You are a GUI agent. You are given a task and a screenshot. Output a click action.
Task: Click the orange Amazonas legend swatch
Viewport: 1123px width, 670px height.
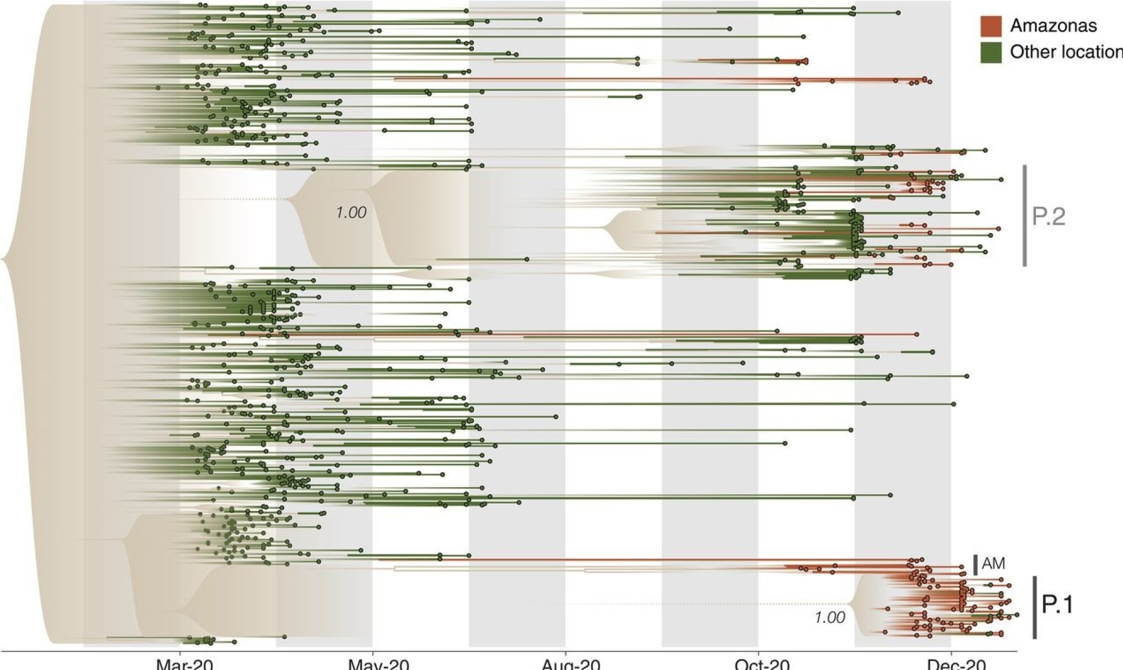click(x=991, y=26)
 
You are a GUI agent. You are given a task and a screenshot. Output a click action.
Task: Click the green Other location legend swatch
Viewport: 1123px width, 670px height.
click(x=991, y=52)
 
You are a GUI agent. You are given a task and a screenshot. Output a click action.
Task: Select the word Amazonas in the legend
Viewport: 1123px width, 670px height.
click(x=1053, y=26)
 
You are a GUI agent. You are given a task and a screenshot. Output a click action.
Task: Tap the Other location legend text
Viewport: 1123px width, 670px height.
click(x=1066, y=52)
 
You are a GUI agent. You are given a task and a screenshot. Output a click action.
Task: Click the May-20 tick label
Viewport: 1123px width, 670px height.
click(x=378, y=665)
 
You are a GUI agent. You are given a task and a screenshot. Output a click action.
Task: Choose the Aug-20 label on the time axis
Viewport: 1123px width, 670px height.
click(x=571, y=665)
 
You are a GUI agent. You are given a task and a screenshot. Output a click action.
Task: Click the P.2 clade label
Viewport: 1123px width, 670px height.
click(x=1049, y=217)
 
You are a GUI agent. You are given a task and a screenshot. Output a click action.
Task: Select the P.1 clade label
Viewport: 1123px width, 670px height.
click(x=1057, y=605)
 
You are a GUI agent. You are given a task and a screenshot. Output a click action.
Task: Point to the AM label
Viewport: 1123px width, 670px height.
click(x=994, y=564)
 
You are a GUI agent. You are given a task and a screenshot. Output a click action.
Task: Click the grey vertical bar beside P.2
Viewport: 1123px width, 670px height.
click(x=1025, y=215)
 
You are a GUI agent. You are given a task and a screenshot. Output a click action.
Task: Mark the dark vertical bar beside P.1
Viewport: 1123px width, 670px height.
click(x=1035, y=607)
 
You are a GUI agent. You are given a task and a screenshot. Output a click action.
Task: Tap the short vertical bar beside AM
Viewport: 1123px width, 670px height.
click(x=976, y=564)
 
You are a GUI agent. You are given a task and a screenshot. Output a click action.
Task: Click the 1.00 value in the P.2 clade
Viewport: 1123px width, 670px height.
click(x=351, y=213)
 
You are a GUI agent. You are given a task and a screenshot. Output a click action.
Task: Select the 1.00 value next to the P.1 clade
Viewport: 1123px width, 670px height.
click(x=830, y=618)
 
